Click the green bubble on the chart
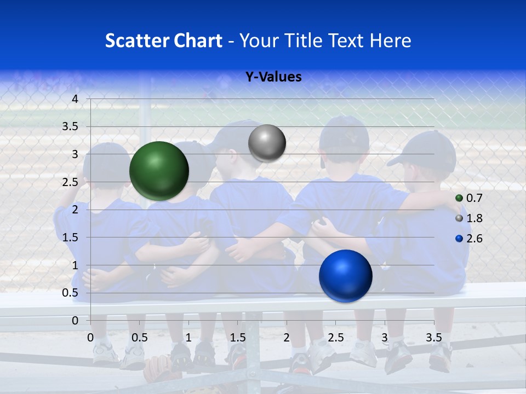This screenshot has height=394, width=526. click(x=159, y=171)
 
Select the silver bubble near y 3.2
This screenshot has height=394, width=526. click(x=267, y=143)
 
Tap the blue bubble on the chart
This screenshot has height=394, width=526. click(x=345, y=276)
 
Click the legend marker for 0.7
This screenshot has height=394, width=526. click(x=459, y=198)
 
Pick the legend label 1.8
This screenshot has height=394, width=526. click(x=474, y=218)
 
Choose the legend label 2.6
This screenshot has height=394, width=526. click(x=474, y=239)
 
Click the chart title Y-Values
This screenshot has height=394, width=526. click(x=273, y=77)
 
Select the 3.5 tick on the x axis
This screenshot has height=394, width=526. click(x=433, y=338)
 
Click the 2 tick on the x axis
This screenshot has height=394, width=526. click(x=286, y=338)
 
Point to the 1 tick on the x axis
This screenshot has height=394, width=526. click(x=188, y=338)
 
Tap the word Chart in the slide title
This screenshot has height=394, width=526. click(x=198, y=40)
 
